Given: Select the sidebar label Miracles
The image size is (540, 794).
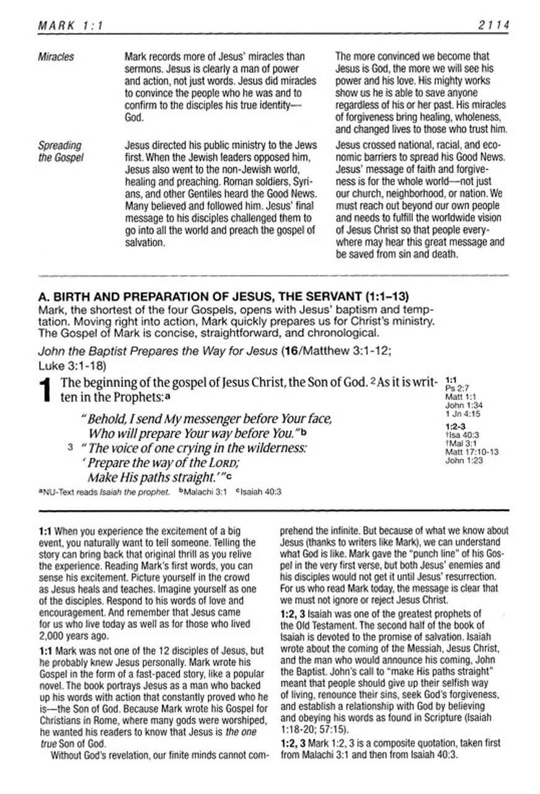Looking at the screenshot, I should pos(56,57).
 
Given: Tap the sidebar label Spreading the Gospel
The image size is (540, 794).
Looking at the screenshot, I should pos(60,151).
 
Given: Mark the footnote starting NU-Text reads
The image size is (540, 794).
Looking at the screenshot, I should pos(105,492).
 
